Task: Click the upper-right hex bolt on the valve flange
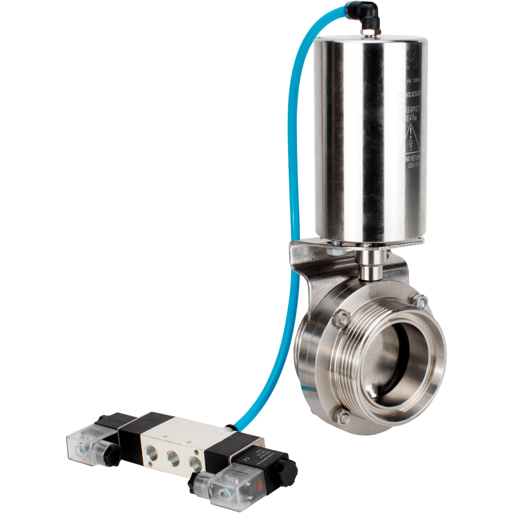click(x=420, y=301)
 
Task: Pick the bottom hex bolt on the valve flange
click(x=343, y=418)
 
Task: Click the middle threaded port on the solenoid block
click(x=172, y=456)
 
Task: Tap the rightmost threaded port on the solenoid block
click(x=194, y=461)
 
